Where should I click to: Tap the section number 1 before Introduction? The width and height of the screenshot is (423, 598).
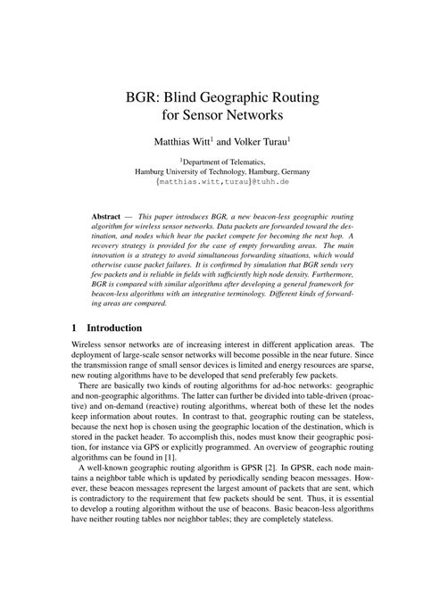[x=76, y=328]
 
